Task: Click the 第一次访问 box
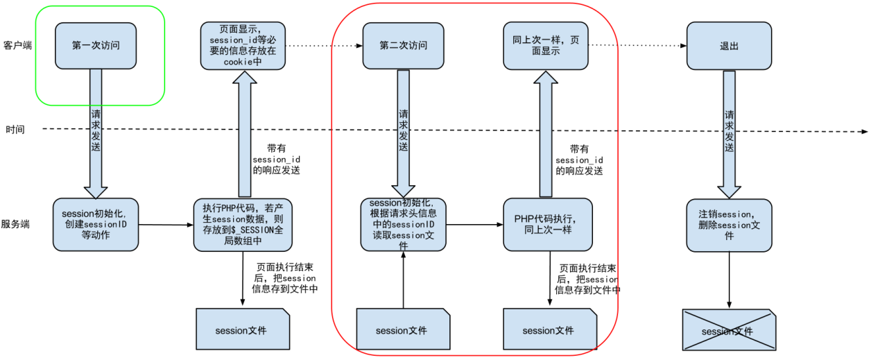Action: tap(96, 46)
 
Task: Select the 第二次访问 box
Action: tap(404, 46)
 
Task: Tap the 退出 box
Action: tap(729, 46)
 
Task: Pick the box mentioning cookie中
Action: tap(243, 46)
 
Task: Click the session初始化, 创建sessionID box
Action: tap(96, 225)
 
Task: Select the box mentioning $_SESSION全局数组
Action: tap(243, 225)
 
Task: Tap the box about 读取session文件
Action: tap(403, 225)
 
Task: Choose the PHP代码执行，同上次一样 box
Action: tap(548, 225)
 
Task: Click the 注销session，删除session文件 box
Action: tap(729, 225)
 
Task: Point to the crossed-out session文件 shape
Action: tap(728, 330)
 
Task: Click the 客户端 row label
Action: tap(17, 45)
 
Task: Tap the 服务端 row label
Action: tap(17, 224)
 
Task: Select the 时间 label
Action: tap(16, 130)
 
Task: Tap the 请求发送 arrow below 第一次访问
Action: tap(96, 132)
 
